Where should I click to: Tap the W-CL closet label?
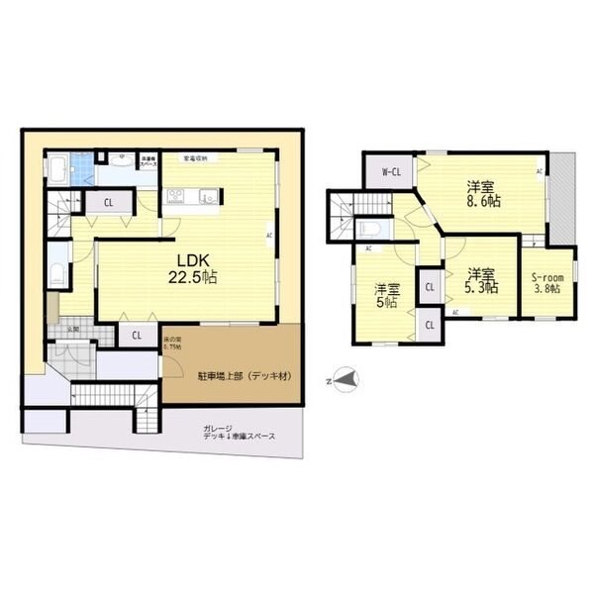pos(390,172)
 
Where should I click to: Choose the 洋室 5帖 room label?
pos(387,295)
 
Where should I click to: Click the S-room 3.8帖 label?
pos(544,283)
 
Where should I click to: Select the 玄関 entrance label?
pos(72,330)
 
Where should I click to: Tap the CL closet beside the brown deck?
pos(137,336)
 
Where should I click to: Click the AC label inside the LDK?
pos(268,235)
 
